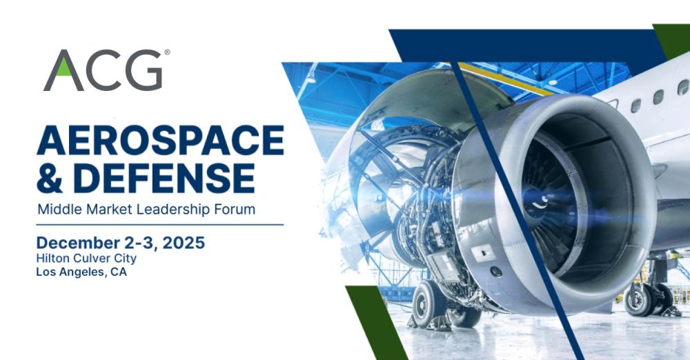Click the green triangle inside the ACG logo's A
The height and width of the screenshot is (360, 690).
(63, 68)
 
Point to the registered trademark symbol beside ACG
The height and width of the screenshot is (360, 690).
(167, 52)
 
